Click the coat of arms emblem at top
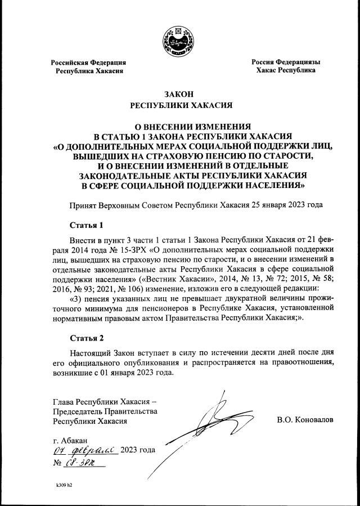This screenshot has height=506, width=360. (180, 41)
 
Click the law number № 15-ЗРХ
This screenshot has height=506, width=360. (140, 248)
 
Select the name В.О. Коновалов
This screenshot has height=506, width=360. (305, 420)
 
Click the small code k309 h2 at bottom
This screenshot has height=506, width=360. (64, 484)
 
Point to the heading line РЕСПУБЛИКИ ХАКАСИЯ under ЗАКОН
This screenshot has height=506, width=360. (179, 105)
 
